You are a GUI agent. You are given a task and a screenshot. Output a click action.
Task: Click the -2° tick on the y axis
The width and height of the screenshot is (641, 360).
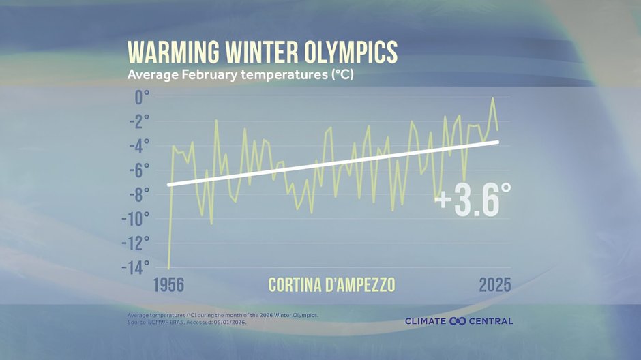(x=138, y=122)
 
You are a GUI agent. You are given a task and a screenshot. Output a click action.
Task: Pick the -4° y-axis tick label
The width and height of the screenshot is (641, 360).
(x=138, y=146)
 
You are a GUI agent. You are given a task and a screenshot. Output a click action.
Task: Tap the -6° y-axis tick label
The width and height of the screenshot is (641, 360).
(x=138, y=170)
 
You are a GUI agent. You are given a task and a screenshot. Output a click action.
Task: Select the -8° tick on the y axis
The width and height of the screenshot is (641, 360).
(x=138, y=195)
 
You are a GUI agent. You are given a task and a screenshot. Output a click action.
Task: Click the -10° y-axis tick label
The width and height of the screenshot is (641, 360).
(x=136, y=220)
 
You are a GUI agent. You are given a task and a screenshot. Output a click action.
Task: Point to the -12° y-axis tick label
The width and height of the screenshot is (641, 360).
(x=136, y=243)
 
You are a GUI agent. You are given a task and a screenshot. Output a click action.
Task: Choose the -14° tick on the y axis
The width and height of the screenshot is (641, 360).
(x=136, y=268)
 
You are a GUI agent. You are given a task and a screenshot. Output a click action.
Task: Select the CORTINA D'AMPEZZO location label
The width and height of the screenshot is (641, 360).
(x=331, y=284)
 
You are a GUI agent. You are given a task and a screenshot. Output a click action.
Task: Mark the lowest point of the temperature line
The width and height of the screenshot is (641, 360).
(x=168, y=268)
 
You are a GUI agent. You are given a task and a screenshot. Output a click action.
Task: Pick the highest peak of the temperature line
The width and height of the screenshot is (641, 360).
(x=492, y=98)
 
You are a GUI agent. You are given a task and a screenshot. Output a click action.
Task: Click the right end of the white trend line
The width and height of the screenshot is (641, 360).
(x=497, y=142)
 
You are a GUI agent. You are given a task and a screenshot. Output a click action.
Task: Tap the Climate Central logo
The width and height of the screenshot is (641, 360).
(x=458, y=321)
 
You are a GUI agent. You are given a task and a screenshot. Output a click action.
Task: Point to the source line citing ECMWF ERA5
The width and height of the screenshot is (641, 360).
(x=187, y=322)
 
